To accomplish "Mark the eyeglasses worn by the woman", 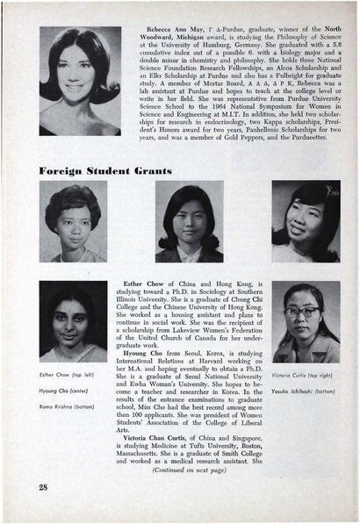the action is (x=304, y=312).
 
